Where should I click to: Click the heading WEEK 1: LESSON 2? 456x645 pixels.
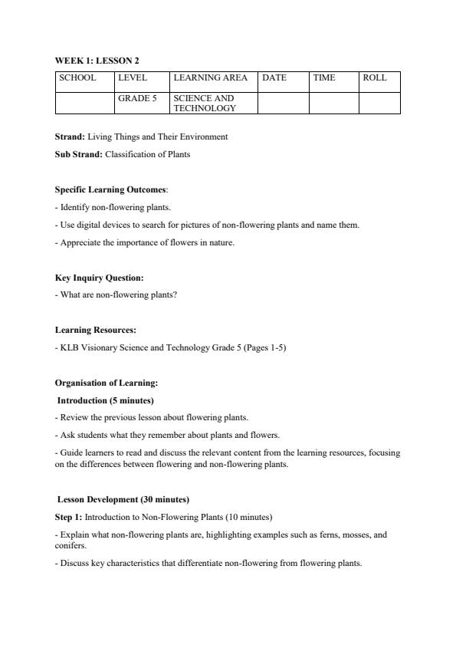coord(97,60)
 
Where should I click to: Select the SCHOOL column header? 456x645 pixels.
coord(77,77)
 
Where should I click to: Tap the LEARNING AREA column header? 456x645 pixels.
coord(210,77)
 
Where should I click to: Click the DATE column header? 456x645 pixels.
coord(274,77)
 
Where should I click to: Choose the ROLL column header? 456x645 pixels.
coord(375,77)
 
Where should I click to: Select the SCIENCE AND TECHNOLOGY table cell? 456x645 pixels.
coord(204,104)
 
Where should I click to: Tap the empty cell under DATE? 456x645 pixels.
coord(283,103)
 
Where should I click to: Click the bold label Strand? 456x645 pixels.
coord(70,137)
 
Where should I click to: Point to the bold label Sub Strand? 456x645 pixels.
coord(79,154)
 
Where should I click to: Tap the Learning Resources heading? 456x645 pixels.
coord(96,330)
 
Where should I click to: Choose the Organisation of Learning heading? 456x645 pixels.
coord(107,383)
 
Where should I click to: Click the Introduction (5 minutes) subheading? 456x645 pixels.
coord(106,400)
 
